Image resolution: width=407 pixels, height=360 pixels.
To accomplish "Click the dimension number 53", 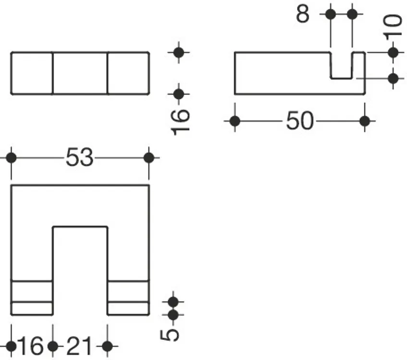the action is tap(79, 157).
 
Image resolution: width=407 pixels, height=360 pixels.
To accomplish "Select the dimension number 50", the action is tap(300, 120).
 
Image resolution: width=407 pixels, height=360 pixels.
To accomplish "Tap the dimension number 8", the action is tap(303, 14).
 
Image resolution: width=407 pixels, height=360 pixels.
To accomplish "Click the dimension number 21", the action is tap(79, 346).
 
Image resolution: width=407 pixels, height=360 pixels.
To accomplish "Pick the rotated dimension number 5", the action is tap(170, 335).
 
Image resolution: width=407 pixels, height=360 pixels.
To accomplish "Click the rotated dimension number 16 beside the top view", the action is tap(180, 122).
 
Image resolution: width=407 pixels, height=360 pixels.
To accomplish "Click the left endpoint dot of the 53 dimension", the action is tap(11, 158).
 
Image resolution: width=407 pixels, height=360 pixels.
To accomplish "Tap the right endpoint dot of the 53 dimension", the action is tap(149, 158).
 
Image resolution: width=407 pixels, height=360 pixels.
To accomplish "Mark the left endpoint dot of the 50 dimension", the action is tap(235, 121).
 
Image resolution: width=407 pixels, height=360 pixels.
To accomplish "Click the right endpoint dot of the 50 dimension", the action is tap(365, 121).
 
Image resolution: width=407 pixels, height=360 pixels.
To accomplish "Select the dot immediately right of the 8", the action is tap(331, 14).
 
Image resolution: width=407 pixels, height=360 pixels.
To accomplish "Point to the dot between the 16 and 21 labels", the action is tap(53, 346).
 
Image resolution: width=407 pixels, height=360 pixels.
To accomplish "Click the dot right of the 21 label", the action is tap(108, 346).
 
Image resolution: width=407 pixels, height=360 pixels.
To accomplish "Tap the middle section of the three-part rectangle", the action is tap(80, 73).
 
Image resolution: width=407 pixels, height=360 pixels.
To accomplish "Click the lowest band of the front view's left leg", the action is tap(32, 308).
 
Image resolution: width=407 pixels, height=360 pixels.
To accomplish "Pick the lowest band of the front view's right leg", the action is tap(128, 308).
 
